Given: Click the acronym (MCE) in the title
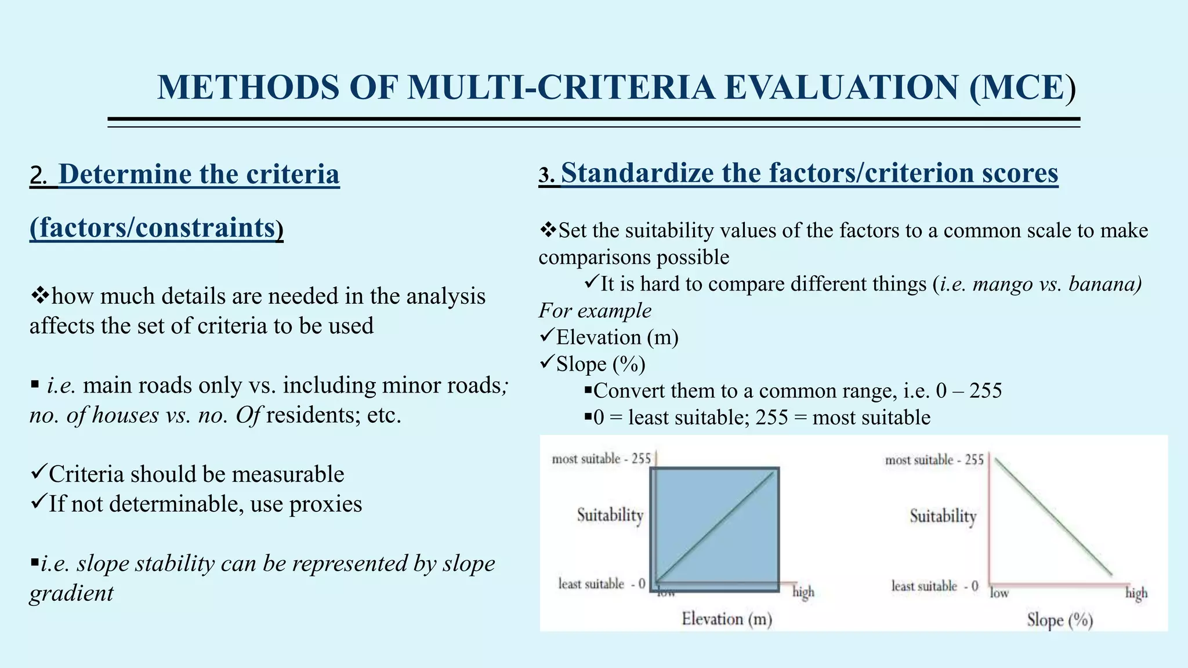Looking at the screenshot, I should tap(1023, 88).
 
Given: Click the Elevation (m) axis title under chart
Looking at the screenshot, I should tap(726, 619).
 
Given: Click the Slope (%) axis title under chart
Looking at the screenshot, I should tap(1059, 620).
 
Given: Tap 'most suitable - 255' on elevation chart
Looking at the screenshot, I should tap(601, 459).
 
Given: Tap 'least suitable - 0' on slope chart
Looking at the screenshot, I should tap(935, 586).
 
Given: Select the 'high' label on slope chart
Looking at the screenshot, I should tap(1136, 593).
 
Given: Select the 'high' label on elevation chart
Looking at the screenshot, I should tap(803, 592).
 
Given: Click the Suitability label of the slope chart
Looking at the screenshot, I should tap(943, 515).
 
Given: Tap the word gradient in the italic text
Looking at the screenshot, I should tap(71, 593).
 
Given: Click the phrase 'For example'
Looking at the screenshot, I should tap(595, 311).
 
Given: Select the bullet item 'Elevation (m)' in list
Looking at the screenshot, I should tap(617, 337).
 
